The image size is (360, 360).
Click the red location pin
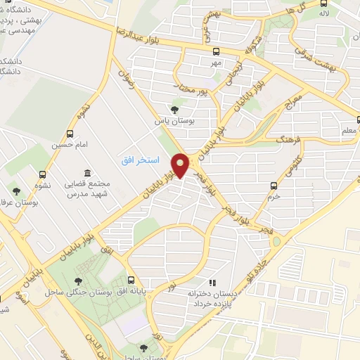click(x=180, y=165)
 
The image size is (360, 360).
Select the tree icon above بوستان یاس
click(x=174, y=109)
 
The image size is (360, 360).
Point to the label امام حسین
click(x=67, y=145)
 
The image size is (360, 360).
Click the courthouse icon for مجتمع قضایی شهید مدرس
click(x=86, y=173)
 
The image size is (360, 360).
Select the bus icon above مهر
click(x=216, y=51)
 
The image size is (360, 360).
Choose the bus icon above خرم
click(x=274, y=186)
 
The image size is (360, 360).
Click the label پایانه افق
click(x=131, y=290)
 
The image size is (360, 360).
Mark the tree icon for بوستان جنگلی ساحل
click(x=77, y=282)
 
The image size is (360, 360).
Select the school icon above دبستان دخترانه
click(x=212, y=283)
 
